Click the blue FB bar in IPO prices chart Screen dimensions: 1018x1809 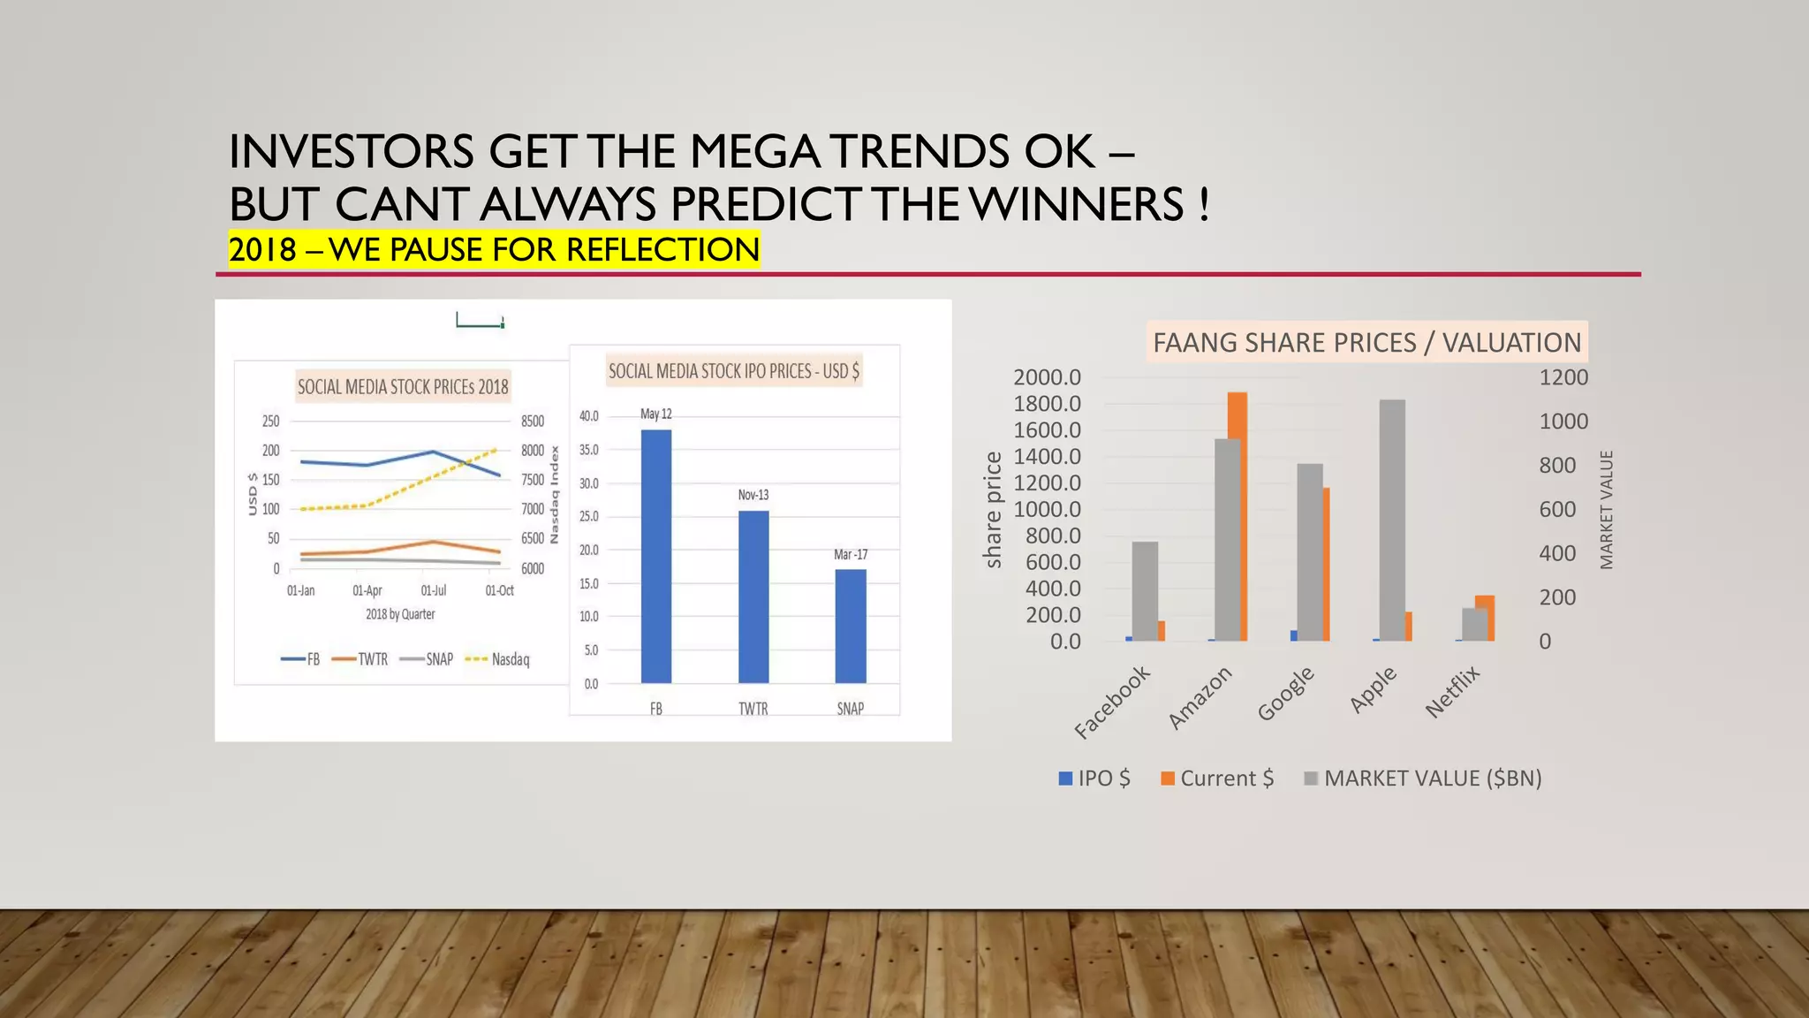(x=655, y=557)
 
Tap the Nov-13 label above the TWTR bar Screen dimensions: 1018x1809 (x=753, y=495)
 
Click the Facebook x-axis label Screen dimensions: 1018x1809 (x=1112, y=703)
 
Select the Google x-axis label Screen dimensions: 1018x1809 (x=1286, y=694)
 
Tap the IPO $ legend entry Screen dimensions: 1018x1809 (x=1095, y=779)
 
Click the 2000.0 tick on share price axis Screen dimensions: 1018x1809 (x=1047, y=377)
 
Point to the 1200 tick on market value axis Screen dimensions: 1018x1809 (x=1563, y=377)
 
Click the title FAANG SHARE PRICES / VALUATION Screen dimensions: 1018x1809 (x=1366, y=342)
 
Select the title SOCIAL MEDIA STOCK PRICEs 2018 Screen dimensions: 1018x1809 (x=403, y=386)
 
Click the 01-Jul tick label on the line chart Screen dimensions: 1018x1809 (x=433, y=590)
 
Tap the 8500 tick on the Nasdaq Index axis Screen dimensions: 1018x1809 (x=533, y=422)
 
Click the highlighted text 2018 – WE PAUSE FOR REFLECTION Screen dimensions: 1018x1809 (x=494, y=249)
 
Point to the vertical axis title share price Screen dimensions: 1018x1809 (x=994, y=510)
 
